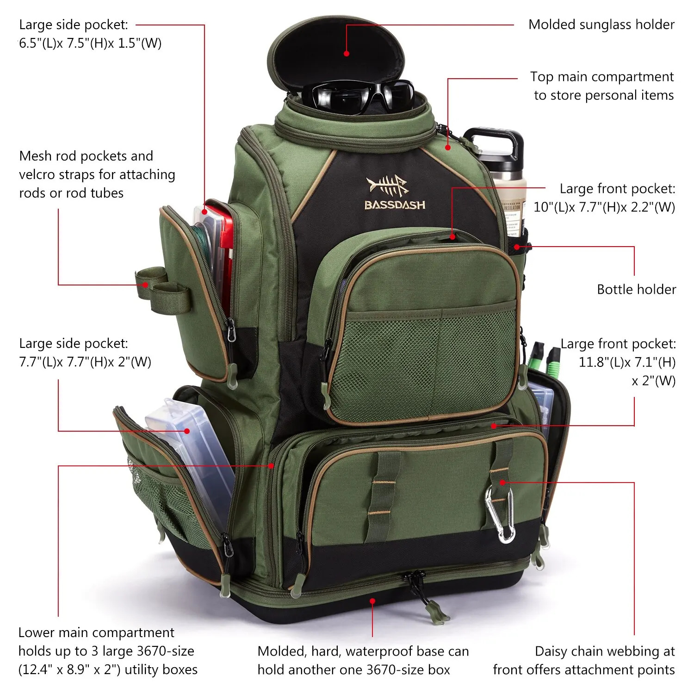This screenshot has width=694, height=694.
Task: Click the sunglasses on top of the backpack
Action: [x=361, y=96]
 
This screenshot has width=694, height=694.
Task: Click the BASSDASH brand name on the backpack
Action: [x=395, y=205]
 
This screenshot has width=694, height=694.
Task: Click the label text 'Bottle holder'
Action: [x=636, y=290]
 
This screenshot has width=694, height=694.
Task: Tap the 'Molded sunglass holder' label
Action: [x=601, y=25]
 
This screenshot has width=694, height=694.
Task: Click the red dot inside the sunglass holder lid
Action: [x=347, y=54]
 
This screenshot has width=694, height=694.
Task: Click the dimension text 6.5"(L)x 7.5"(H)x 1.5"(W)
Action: [x=90, y=43]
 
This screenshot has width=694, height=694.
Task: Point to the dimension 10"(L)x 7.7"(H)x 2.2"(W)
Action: [x=604, y=207]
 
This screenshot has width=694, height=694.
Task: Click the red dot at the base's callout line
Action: [x=372, y=601]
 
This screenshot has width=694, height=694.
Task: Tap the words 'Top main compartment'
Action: [x=601, y=77]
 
